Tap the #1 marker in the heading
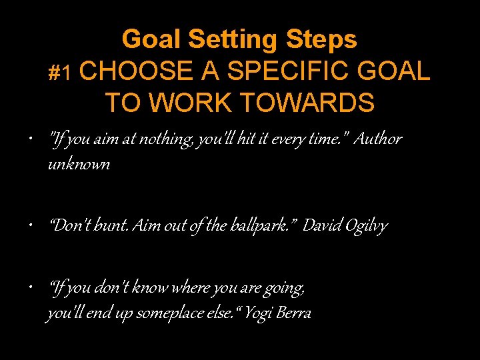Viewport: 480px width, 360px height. pyautogui.click(x=64, y=73)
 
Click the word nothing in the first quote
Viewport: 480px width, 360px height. pyautogui.click(x=163, y=139)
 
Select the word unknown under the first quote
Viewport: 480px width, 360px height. pyautogui.click(x=79, y=164)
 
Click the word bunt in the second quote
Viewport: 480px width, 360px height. pyautogui.click(x=109, y=226)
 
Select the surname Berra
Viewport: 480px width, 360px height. pyautogui.click(x=293, y=313)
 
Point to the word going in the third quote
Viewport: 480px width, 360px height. pyautogui.click(x=284, y=289)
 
